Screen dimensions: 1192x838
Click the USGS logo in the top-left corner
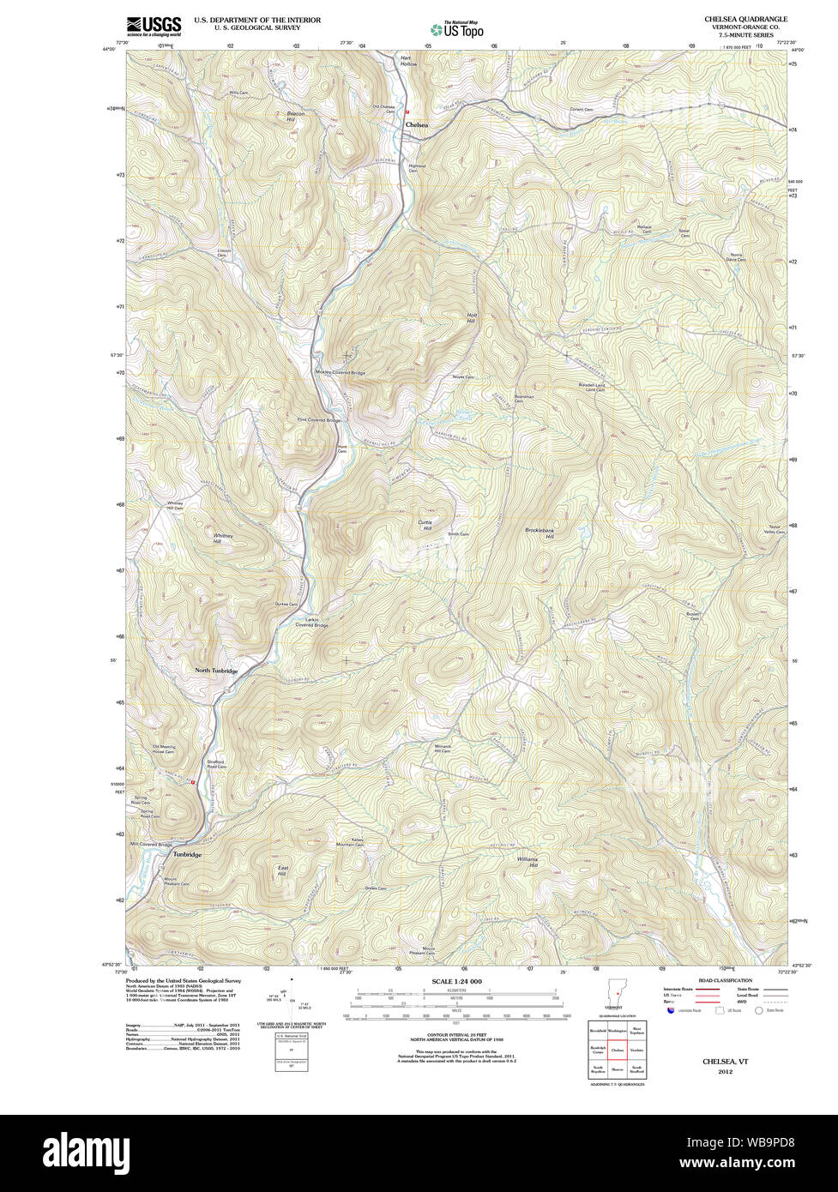tap(154, 25)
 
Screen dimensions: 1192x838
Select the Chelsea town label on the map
tap(416, 124)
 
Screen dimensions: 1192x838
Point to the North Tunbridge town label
tap(215, 670)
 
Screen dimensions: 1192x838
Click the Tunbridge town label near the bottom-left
tap(187, 855)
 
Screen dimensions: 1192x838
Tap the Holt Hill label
tap(471, 318)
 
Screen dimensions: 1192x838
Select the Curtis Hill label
tap(425, 525)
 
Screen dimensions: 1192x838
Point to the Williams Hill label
tap(527, 861)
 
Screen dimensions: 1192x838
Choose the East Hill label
tap(281, 871)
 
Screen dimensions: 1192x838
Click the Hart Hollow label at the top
tap(408, 61)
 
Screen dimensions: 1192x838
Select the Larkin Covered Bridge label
tap(311, 622)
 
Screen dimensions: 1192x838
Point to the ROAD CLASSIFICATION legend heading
tap(725, 980)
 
